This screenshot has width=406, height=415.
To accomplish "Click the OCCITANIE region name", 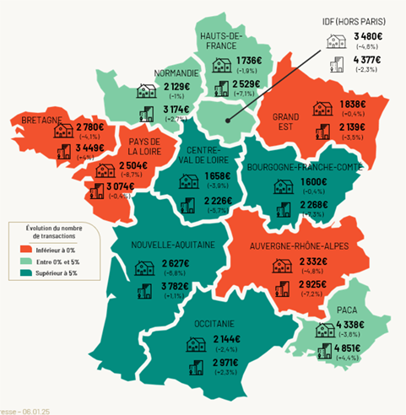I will point(216,324).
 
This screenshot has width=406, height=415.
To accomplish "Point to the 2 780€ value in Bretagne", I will point(87,127).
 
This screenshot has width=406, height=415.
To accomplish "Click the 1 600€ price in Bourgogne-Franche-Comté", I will point(302,182).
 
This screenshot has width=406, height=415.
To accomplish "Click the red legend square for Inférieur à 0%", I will point(21,249).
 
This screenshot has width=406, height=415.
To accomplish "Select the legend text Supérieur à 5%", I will point(55,273).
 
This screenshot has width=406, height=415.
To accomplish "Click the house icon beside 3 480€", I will point(333,40).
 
